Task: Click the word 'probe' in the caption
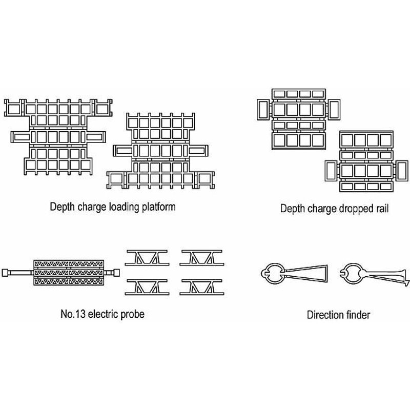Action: click(132, 314)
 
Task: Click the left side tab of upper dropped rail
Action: click(263, 109)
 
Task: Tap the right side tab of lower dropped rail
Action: click(400, 171)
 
